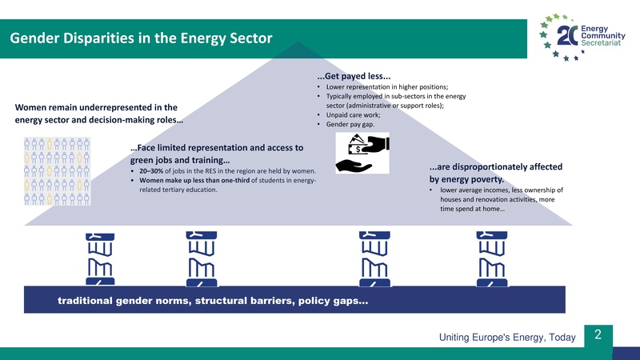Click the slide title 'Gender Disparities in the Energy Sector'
pos(141,38)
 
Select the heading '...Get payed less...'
pos(354,77)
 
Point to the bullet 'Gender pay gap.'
pos(349,125)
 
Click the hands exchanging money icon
pos(362,153)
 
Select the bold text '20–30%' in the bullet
pos(153,171)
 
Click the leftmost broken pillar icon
pos(95,258)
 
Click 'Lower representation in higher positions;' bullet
pos(386,86)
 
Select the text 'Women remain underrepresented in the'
pos(95,107)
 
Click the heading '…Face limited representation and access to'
pos(216,148)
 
